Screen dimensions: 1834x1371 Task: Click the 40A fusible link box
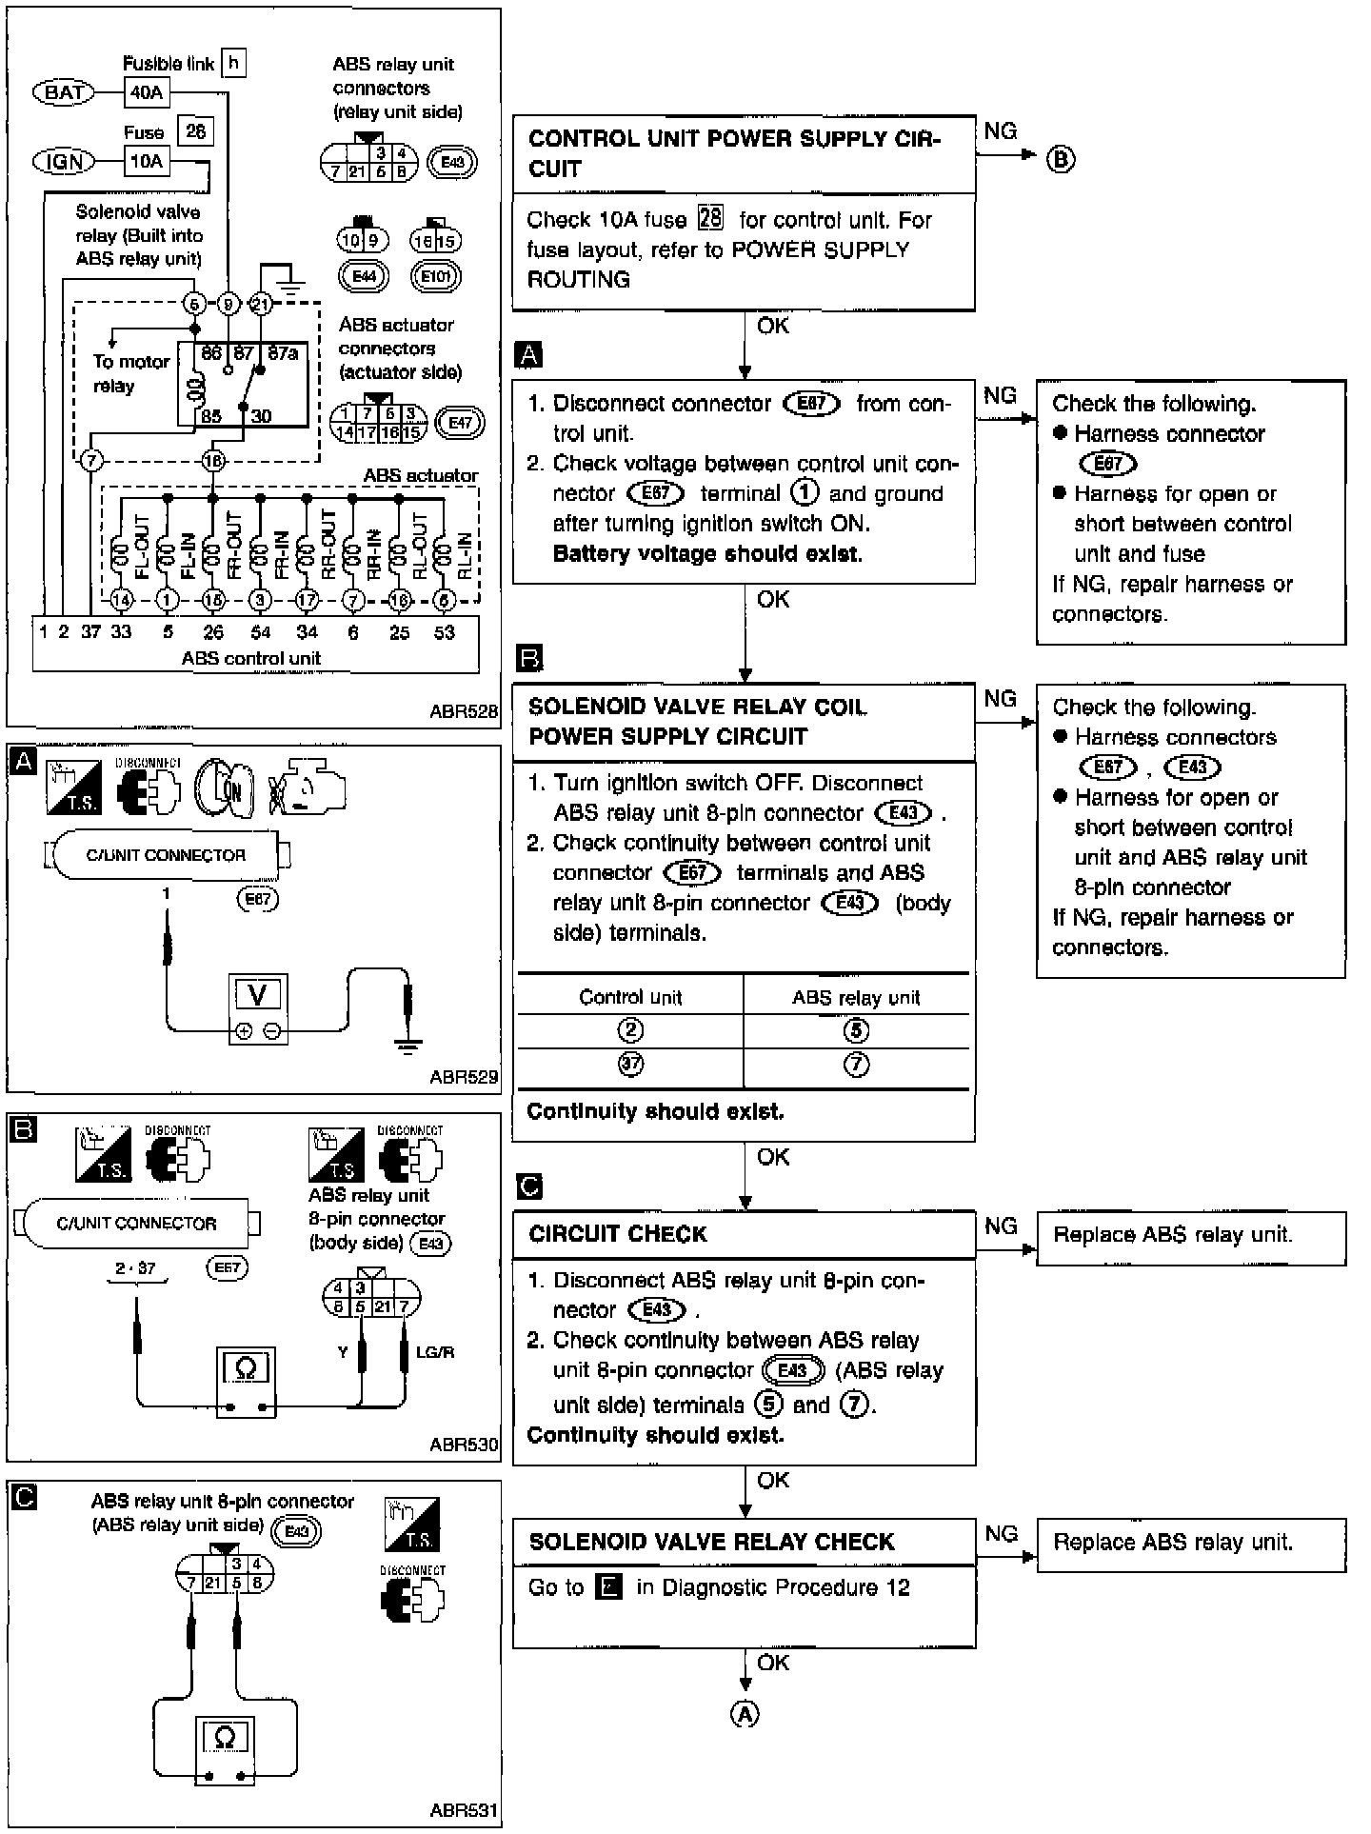coord(146,92)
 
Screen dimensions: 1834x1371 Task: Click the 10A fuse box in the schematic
coord(146,161)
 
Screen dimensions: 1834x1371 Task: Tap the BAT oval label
coord(64,92)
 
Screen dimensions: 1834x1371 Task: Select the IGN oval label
coord(64,162)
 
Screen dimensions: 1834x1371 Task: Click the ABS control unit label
coord(251,658)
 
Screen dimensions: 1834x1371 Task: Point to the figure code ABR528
coord(464,711)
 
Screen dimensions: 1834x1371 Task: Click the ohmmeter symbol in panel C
coord(225,1738)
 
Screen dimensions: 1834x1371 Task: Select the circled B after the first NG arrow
coord(1061,159)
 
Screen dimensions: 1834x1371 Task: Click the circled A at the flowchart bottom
coord(745,1714)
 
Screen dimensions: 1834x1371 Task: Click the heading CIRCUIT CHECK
coord(618,1234)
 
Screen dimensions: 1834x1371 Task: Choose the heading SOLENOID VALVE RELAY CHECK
coord(711,1542)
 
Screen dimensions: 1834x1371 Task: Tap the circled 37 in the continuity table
coord(630,1066)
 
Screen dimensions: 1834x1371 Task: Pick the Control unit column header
coord(630,997)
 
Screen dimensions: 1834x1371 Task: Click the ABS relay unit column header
coord(856,997)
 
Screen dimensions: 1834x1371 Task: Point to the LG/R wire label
coord(434,1351)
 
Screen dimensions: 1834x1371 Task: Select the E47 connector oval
coord(460,422)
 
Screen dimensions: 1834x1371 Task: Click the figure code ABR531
coord(464,1810)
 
